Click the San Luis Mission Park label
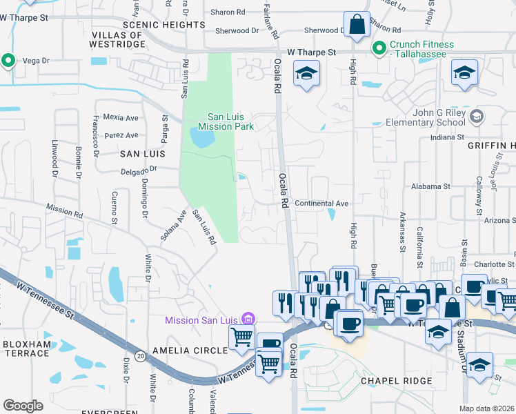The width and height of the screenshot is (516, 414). coord(226,121)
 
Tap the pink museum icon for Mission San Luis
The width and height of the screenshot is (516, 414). coord(249,319)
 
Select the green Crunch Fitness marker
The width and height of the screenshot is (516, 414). coord(379,48)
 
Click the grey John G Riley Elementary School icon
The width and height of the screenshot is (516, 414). coord(475,117)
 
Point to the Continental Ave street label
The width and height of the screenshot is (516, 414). coord(321,204)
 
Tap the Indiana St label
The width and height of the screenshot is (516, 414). coord(446,137)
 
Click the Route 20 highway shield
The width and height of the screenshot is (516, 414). coord(140,356)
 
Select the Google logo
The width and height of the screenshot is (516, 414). coord(23,406)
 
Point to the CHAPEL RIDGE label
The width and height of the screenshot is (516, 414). coord(396,381)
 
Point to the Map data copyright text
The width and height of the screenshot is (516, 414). coord(487,408)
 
